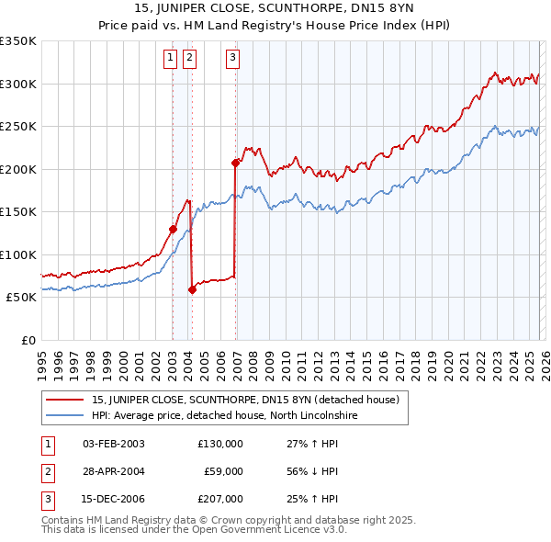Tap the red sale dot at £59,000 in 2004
click(x=192, y=289)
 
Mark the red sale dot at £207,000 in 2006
click(x=236, y=164)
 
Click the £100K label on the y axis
click(x=18, y=254)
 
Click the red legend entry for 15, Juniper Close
click(x=245, y=400)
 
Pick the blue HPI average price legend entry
click(x=224, y=416)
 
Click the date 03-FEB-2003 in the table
click(x=113, y=443)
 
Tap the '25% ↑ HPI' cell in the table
click(x=313, y=500)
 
